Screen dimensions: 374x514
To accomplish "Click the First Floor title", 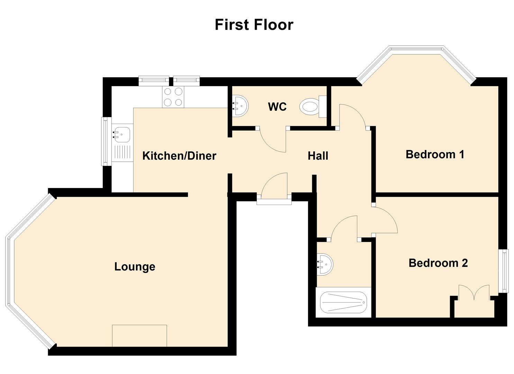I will click(254, 25).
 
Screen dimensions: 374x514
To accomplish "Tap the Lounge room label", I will click(135, 267).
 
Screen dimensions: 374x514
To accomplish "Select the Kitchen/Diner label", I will click(179, 156).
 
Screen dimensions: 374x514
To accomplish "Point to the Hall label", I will click(318, 156).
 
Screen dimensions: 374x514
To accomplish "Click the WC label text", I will click(277, 107).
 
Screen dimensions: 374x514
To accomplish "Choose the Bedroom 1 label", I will click(435, 154).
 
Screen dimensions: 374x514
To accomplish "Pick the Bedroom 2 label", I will click(438, 263).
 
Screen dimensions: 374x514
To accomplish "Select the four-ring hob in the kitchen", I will click(173, 97).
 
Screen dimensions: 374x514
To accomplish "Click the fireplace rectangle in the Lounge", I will click(139, 336).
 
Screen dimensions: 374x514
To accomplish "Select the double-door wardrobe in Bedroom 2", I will click(474, 301).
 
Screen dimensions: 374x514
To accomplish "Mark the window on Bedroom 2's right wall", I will click(505, 271).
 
